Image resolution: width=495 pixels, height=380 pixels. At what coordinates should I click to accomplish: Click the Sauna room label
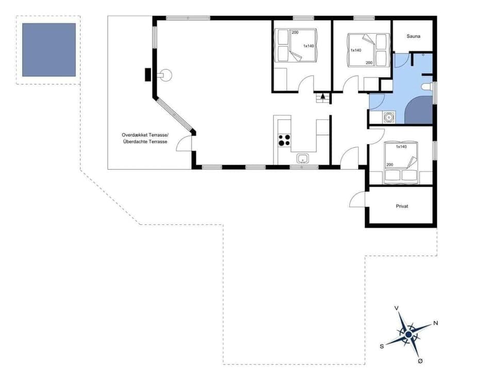[x=413, y=37]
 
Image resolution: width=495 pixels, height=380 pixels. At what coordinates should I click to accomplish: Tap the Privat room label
[x=402, y=206]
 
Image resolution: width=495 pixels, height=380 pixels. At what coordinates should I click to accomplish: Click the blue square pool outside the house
[x=49, y=50]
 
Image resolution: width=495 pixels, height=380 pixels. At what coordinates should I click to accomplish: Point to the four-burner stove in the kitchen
[x=284, y=140]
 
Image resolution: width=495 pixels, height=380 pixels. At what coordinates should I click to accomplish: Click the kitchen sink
[x=302, y=158]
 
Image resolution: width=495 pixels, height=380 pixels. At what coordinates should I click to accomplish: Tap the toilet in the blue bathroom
[x=426, y=87]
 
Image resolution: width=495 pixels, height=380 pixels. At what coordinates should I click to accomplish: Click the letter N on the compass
[x=436, y=323]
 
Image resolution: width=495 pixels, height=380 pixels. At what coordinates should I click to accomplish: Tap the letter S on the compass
[x=382, y=346]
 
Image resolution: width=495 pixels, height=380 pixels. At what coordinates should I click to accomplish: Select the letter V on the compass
[x=396, y=308]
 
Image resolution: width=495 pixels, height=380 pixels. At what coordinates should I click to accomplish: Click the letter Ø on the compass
[x=420, y=361]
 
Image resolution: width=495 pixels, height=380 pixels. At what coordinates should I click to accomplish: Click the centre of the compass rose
[x=408, y=335]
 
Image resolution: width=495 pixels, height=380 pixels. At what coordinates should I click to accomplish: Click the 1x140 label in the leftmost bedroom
[x=308, y=46]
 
